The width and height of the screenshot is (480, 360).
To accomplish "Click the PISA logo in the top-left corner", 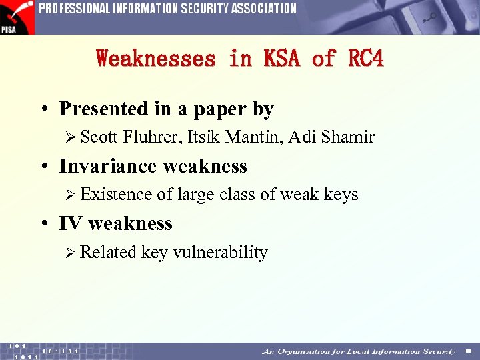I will [17, 17].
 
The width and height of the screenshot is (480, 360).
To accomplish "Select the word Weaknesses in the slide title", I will [156, 59].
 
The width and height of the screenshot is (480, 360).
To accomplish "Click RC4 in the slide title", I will [366, 59].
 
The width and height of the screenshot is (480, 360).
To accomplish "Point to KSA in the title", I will [279, 59].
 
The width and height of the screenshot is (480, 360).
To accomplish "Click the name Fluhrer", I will [151, 137].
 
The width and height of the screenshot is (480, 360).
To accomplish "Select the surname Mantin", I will [248, 137].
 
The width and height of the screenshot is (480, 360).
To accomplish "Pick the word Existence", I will [116, 195].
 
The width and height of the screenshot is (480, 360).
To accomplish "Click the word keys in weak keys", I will [341, 195].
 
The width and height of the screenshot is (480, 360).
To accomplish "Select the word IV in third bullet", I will [71, 223].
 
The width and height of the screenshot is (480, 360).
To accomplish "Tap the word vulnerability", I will [220, 253].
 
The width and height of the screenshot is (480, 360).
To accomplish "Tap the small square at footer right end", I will [468, 351].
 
